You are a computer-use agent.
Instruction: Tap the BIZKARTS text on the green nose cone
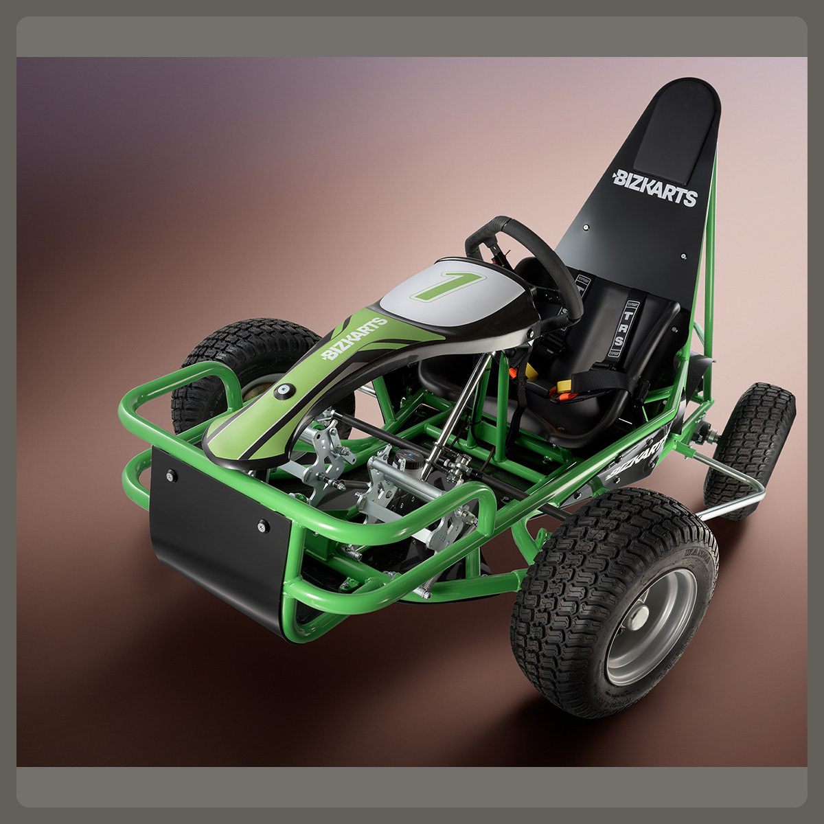[354, 339]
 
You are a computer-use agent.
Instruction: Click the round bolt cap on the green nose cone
[283, 390]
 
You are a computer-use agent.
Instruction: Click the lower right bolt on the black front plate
[262, 527]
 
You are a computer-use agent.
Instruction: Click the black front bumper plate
[213, 536]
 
